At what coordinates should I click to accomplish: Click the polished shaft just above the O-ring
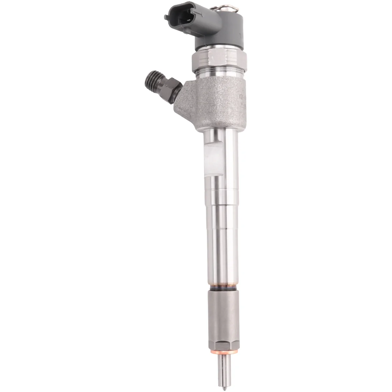[x=219, y=271]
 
